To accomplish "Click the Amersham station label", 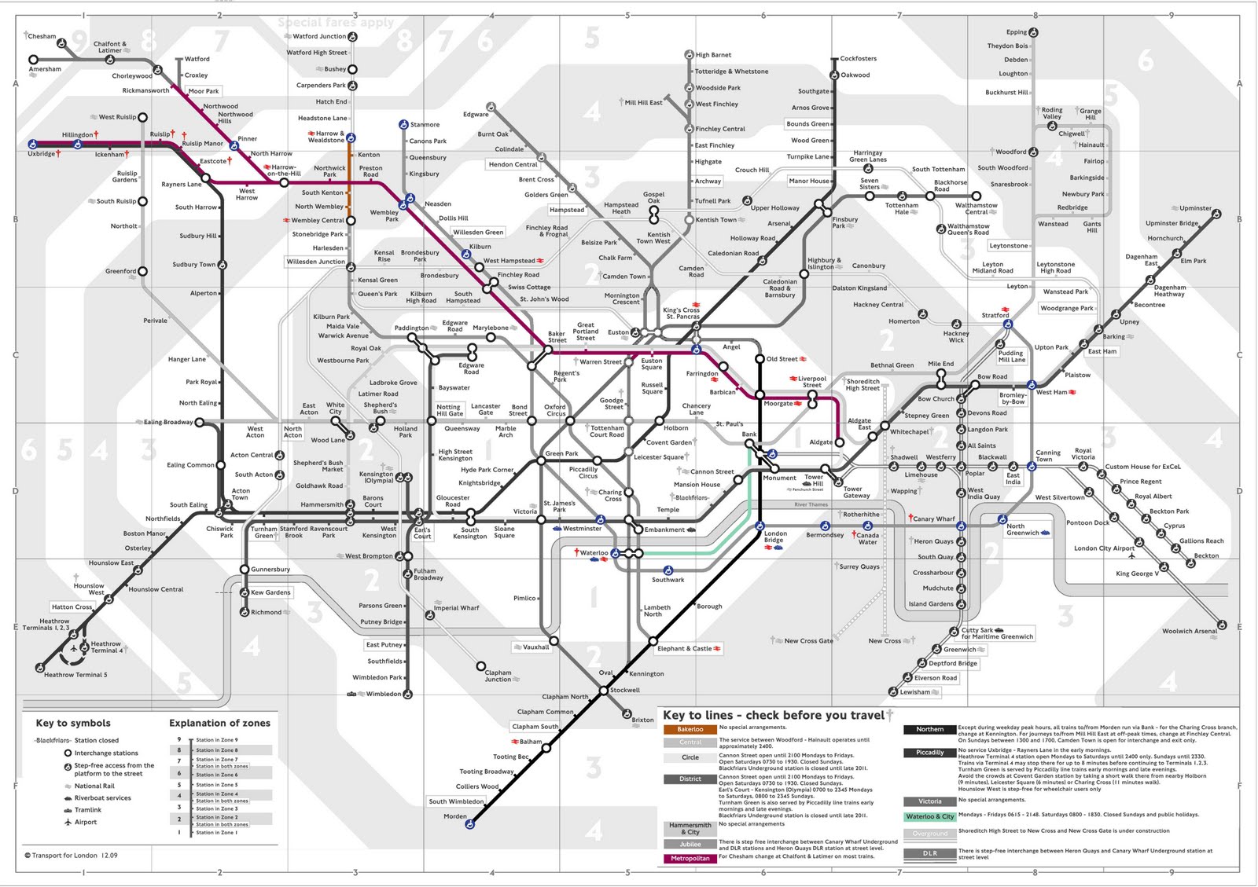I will tap(45, 69).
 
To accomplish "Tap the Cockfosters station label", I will tap(858, 59).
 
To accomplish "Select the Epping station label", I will tap(1017, 32).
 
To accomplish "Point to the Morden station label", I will tap(454, 816).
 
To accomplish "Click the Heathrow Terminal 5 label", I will tap(75, 675).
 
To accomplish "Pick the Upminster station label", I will tap(1195, 208).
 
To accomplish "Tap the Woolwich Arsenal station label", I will tap(1189, 631).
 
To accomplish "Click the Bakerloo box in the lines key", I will tap(690, 729).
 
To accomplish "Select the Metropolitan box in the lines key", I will tap(690, 858).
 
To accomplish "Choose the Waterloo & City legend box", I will tap(929, 816).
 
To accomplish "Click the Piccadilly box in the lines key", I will tap(929, 753).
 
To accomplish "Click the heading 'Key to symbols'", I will tap(73, 723).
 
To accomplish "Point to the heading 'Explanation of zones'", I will tap(219, 723).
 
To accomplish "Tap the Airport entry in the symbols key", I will tap(86, 822).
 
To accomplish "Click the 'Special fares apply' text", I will tap(336, 23).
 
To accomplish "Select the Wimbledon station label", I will tap(383, 694).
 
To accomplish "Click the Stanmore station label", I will tap(425, 125).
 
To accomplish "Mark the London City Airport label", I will tap(1104, 548).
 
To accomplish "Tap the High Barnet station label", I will tap(713, 55).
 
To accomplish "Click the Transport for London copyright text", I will tap(72, 856).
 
